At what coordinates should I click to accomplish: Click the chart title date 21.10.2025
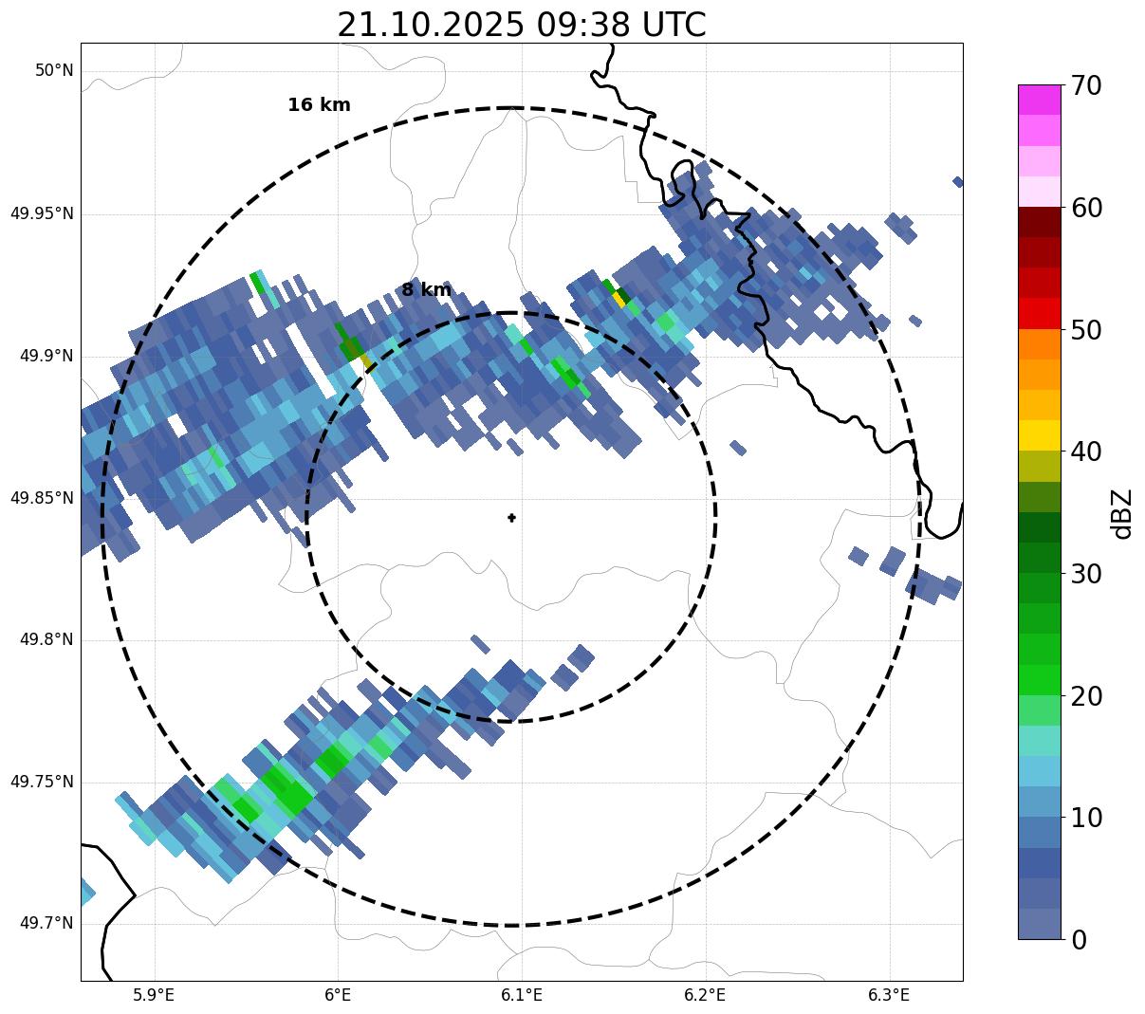(430, 25)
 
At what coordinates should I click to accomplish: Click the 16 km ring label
(319, 105)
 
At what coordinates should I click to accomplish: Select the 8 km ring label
(426, 290)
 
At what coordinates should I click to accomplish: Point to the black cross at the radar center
(512, 518)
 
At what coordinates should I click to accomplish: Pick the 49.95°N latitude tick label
(42, 213)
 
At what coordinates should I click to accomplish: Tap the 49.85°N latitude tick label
(42, 498)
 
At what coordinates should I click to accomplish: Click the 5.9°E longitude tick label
(154, 995)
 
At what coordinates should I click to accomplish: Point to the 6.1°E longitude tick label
(522, 995)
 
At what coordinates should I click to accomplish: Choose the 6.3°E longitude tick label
(889, 995)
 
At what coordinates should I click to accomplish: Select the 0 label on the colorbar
(1079, 940)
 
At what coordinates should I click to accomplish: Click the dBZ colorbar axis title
(1123, 513)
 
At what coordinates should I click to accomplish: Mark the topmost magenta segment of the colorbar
(1039, 100)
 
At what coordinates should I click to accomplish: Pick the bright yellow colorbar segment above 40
(1039, 435)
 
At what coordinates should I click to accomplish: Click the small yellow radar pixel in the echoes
(619, 300)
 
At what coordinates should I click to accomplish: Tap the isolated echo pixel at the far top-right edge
(958, 182)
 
